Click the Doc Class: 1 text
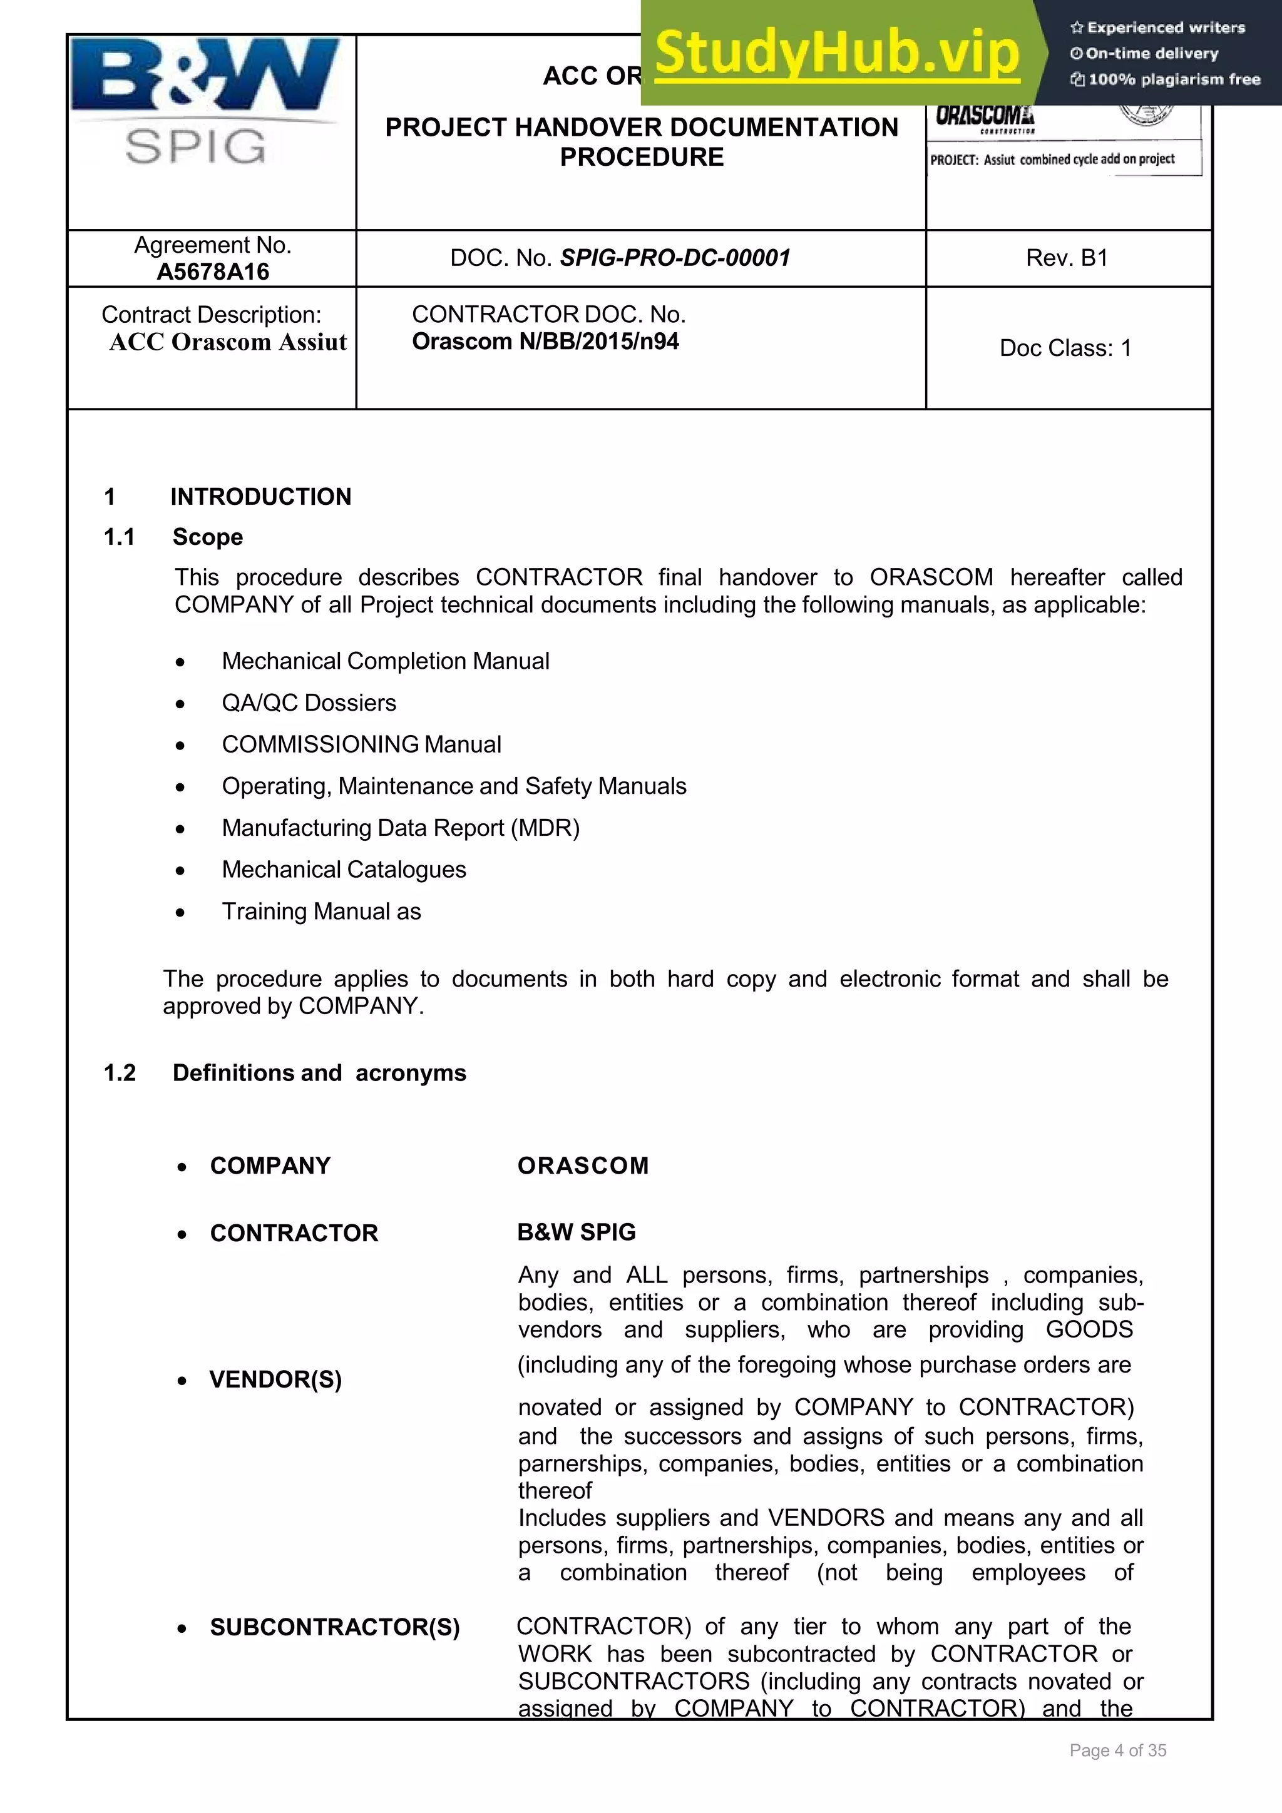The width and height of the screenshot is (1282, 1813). pos(1065,348)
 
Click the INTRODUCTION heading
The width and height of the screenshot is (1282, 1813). pos(260,497)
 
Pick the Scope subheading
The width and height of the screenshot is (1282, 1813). pos(208,537)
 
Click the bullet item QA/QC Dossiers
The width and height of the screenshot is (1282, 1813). pos(309,703)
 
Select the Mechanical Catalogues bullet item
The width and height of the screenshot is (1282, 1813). pos(344,870)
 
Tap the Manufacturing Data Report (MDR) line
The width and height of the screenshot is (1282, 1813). pos(401,828)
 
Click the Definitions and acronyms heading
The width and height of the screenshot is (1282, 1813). pos(319,1073)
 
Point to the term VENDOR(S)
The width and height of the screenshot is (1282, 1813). pos(275,1379)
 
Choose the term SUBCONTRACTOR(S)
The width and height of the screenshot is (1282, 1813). pos(334,1627)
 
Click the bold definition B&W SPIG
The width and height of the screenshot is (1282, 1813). pos(576,1232)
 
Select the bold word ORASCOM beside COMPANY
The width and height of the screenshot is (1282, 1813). pos(583,1165)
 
